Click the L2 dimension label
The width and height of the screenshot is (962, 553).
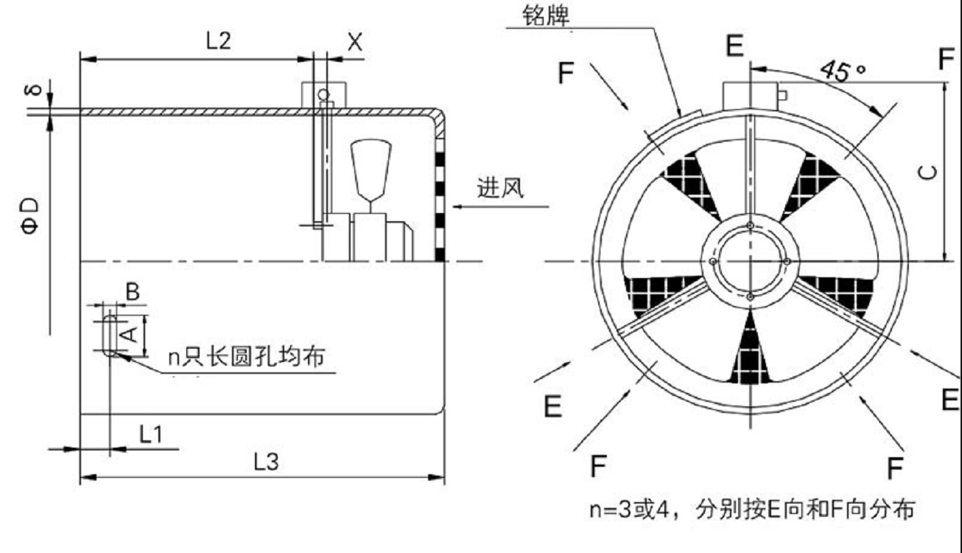[218, 41]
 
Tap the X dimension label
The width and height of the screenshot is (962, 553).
[355, 42]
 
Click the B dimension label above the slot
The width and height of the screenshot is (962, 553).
[133, 291]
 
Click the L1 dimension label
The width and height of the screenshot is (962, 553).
[151, 435]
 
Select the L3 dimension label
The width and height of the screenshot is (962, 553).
[266, 463]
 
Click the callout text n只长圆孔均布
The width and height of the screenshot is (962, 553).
[246, 358]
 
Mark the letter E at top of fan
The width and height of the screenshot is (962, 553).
[734, 46]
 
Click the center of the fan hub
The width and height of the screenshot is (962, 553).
[749, 261]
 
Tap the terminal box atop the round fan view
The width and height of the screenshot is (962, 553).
[749, 95]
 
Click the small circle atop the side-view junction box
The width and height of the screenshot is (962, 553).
[322, 94]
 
